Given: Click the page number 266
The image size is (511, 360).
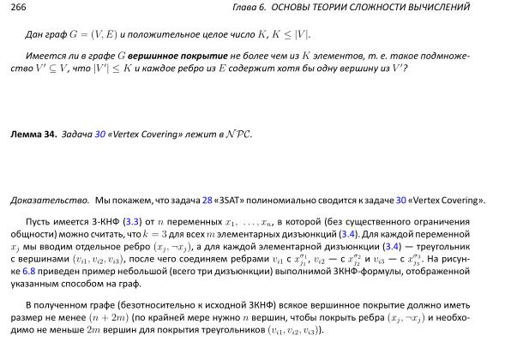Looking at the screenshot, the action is tap(19, 9).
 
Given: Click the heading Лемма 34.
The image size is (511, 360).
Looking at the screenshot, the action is tap(33, 135).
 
